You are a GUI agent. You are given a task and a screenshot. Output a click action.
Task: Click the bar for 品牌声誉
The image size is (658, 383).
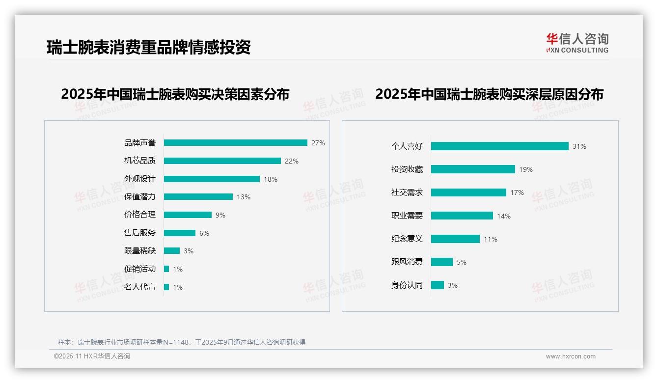[235, 143]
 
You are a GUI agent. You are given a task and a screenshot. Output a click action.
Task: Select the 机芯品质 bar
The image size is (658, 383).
[222, 161]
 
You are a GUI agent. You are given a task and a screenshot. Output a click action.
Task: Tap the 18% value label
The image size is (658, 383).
[271, 179]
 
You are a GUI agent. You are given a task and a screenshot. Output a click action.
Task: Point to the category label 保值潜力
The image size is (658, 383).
[140, 197]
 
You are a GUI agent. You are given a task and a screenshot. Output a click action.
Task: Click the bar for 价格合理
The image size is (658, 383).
[188, 215]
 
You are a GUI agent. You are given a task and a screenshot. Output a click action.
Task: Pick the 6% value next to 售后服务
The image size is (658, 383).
[204, 233]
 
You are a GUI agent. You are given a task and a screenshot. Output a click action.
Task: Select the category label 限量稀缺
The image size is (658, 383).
[140, 251]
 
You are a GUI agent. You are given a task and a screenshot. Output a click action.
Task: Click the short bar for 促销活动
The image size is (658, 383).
[166, 269]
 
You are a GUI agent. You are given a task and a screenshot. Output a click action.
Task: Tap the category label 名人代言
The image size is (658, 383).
[140, 287]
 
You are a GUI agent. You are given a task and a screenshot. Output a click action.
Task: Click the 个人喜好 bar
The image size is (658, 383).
[499, 146]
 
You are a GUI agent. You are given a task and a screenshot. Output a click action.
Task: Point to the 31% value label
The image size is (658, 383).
[579, 146]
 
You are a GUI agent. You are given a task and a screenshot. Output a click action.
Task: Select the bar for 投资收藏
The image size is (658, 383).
[473, 169]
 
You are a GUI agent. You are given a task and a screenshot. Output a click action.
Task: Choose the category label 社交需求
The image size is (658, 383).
[407, 192]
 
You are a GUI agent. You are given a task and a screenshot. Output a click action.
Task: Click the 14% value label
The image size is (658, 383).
[504, 216]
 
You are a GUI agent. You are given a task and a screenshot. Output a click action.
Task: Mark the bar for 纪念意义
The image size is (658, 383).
[455, 239]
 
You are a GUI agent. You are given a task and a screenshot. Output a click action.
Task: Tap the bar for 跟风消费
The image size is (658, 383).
[442, 262]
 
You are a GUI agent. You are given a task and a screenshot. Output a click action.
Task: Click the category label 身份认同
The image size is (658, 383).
[407, 285]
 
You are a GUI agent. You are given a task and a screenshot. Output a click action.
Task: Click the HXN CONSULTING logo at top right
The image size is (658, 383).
[577, 43]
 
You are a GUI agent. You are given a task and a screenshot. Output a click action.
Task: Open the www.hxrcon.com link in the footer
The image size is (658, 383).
[571, 356]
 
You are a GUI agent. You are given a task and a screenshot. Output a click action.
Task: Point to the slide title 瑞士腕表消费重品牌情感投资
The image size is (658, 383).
[149, 47]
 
